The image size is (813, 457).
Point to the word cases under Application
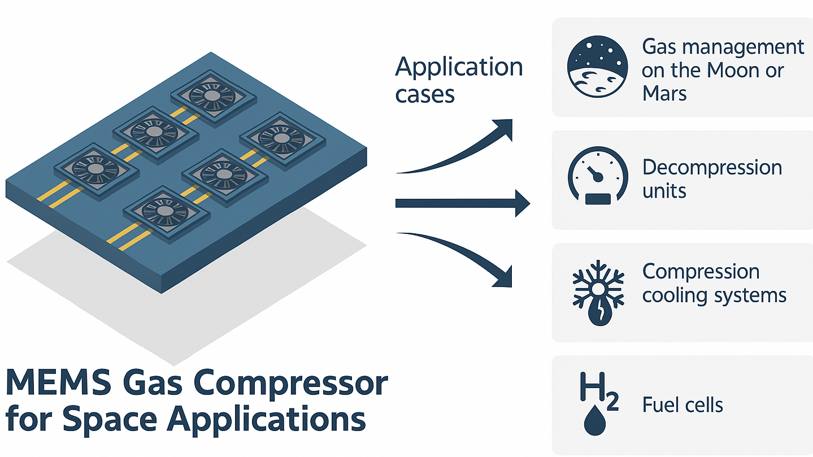pos(425,94)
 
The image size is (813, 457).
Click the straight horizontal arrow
pos(460,203)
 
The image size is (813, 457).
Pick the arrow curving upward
pos(458,150)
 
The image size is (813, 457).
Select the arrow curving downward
pos(458,257)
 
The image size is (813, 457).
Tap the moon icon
pos(597,67)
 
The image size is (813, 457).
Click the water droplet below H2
pos(594,421)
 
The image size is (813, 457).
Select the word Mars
pos(664,93)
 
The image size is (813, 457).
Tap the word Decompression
pos(712,168)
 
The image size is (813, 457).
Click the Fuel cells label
pos(682,405)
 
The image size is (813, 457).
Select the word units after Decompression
pos(664,191)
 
